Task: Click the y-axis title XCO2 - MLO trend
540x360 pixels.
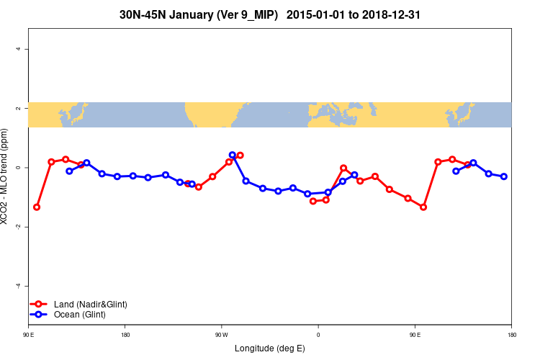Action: (x=6, y=176)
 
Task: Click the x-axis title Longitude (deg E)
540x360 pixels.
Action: (x=270, y=348)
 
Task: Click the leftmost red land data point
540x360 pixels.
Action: (x=37, y=207)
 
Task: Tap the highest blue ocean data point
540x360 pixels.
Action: (x=233, y=155)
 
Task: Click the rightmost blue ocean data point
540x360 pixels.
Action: (x=504, y=176)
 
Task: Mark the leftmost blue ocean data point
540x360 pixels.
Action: (x=69, y=171)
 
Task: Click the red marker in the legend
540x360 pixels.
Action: (x=40, y=304)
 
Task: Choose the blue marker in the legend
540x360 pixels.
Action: (x=40, y=315)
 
